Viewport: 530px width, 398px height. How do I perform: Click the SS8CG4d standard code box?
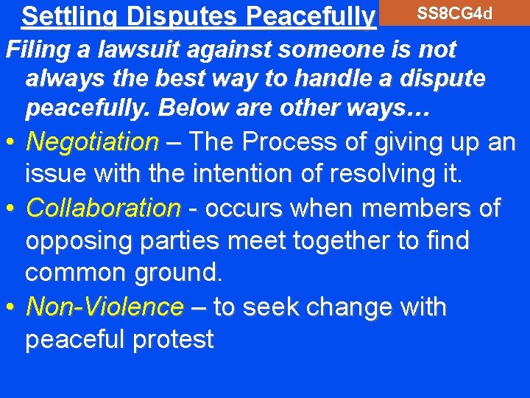tap(454, 13)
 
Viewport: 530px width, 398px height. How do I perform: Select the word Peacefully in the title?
tap(311, 15)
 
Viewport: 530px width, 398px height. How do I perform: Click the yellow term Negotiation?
tap(92, 141)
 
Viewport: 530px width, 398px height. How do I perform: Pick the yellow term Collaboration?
tap(102, 208)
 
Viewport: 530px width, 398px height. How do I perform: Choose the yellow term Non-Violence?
tap(104, 306)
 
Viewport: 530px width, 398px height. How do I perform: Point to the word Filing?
tap(34, 50)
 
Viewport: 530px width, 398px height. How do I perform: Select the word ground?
tap(178, 273)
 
